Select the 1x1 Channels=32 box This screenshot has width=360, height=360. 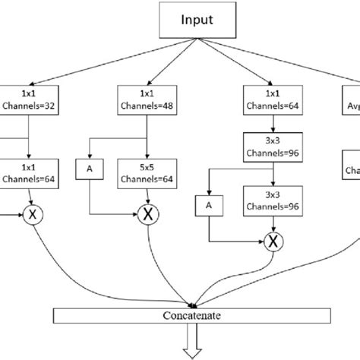pyautogui.click(x=27, y=99)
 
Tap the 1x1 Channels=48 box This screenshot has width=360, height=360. pyautogui.click(x=147, y=99)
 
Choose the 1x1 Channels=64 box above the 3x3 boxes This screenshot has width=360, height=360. pyautogui.click(x=270, y=99)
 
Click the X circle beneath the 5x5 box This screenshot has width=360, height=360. pyautogui.click(x=147, y=215)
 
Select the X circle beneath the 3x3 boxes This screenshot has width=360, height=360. pyautogui.click(x=270, y=242)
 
